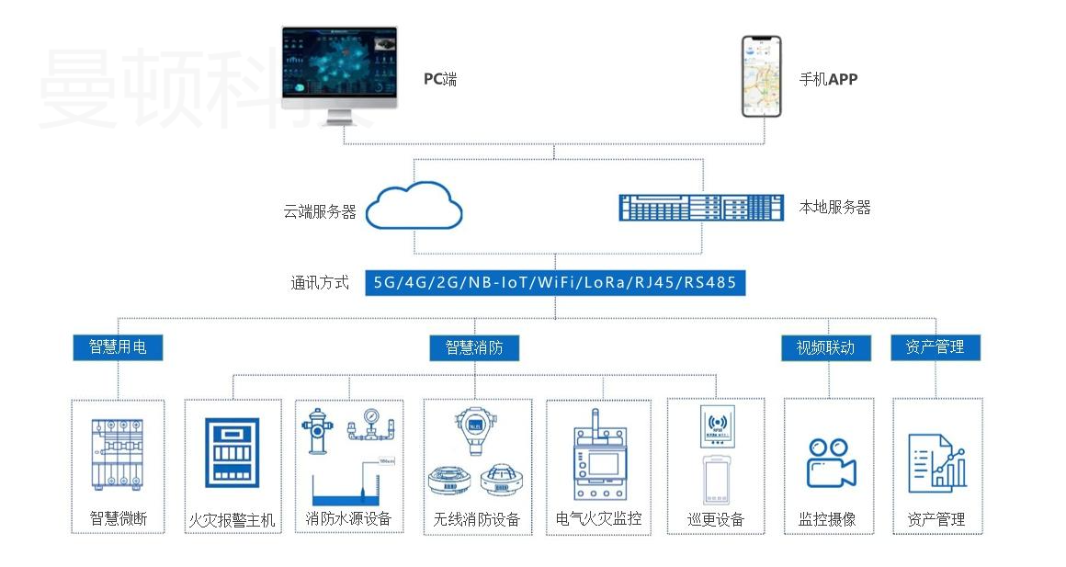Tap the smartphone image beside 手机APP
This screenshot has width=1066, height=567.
coord(761,76)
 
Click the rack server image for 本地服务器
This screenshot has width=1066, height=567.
coord(700,208)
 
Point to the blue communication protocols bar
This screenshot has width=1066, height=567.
coord(554,282)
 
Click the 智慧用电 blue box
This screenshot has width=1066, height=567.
coord(118,346)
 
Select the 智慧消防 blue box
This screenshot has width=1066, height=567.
coord(474,347)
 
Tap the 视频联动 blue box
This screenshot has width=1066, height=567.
coord(825,347)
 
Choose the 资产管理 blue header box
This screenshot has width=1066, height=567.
coord(935,346)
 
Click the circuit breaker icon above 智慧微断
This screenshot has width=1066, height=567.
coord(117,454)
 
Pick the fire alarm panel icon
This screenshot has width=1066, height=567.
coord(231,451)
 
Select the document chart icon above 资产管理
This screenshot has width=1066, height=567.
coord(936,460)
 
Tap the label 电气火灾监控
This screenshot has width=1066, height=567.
coord(598,518)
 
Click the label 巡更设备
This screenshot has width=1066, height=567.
coord(715,519)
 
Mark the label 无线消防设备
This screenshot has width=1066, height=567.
coord(476,519)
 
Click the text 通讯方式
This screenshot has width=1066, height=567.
coord(320,283)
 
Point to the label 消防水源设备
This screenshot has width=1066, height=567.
coord(348,519)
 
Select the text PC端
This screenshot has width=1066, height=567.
coord(439,79)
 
